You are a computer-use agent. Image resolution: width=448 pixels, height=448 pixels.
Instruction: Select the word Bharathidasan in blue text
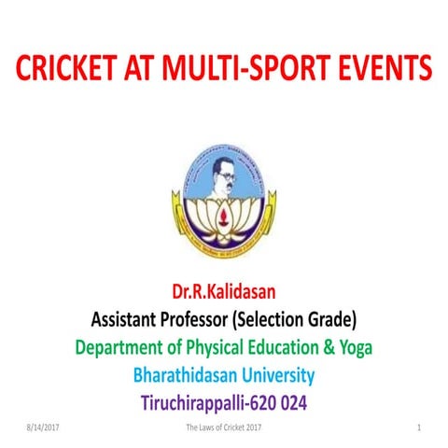coord(188,377)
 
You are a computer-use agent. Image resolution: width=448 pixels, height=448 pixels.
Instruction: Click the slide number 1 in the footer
coord(421,428)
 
